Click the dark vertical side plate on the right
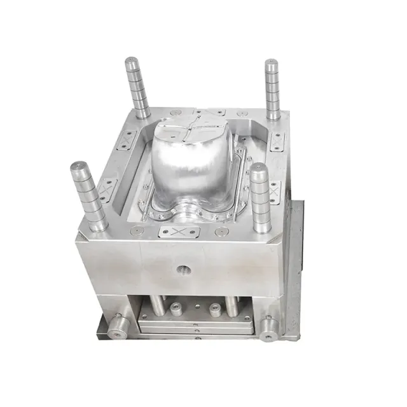[x=294, y=267]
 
